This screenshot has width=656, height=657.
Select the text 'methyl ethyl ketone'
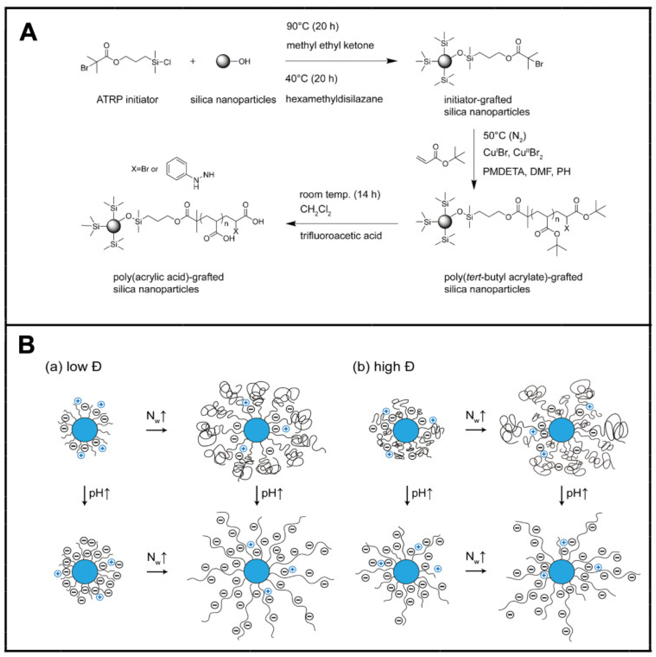click(330, 45)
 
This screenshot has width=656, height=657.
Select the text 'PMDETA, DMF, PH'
click(526, 171)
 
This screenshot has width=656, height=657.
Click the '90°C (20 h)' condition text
click(312, 26)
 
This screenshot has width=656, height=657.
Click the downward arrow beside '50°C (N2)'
click(474, 160)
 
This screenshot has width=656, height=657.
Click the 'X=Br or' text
click(144, 169)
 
